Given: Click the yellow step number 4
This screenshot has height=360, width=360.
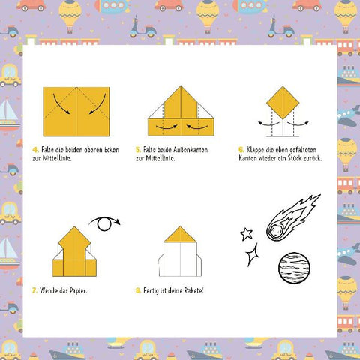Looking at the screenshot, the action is click(x=35, y=150).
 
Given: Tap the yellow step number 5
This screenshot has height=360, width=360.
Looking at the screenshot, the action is click(x=138, y=150).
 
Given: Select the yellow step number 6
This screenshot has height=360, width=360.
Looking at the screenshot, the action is click(x=241, y=150).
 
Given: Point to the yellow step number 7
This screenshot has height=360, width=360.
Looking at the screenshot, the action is click(x=34, y=290).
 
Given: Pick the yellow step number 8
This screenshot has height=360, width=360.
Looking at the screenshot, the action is click(x=138, y=290).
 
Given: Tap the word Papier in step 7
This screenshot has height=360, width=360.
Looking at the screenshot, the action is click(x=78, y=291).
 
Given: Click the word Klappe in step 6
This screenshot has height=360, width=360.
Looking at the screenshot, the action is click(x=256, y=150).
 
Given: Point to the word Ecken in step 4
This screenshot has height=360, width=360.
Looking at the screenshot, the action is click(x=112, y=150).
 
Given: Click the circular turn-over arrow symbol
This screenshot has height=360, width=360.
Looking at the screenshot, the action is click(x=104, y=223).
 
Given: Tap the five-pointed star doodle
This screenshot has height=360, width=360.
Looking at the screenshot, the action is click(x=247, y=234).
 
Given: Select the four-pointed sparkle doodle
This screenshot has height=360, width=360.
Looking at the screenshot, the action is click(x=252, y=254).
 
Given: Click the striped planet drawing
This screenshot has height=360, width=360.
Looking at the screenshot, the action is click(x=294, y=268).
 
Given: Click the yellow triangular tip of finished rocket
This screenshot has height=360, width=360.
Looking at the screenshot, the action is click(x=180, y=235).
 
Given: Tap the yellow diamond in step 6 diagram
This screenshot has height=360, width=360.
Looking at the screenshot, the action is click(x=283, y=103).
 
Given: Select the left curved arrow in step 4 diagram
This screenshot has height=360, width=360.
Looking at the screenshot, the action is click(x=59, y=106).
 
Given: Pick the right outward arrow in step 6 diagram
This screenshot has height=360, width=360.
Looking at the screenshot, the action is click(x=298, y=124).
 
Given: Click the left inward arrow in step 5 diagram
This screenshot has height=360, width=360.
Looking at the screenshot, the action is click(x=166, y=127).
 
